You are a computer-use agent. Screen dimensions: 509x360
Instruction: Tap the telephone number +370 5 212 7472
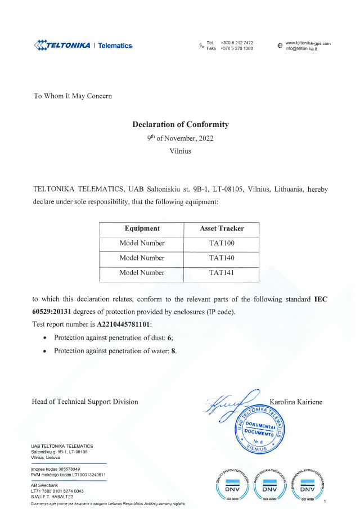tap(237, 43)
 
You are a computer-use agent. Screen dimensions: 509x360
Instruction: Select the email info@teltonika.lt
tap(301, 49)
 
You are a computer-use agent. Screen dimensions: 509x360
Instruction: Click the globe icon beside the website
tap(280, 46)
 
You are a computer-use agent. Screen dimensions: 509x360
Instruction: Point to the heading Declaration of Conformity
tap(180, 124)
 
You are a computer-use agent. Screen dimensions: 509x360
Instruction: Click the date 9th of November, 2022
tap(180, 138)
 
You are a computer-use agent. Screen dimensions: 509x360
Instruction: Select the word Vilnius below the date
tap(180, 151)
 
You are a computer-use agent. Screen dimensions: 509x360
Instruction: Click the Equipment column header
tap(142, 229)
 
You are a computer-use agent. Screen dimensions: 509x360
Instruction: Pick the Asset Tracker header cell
tap(222, 229)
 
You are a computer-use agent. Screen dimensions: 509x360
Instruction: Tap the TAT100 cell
tap(222, 244)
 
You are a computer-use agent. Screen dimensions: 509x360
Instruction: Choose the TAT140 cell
tap(222, 258)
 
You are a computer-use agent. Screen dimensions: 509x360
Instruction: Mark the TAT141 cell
tap(222, 273)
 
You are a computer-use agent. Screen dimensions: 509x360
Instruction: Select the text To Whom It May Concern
tap(73, 96)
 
